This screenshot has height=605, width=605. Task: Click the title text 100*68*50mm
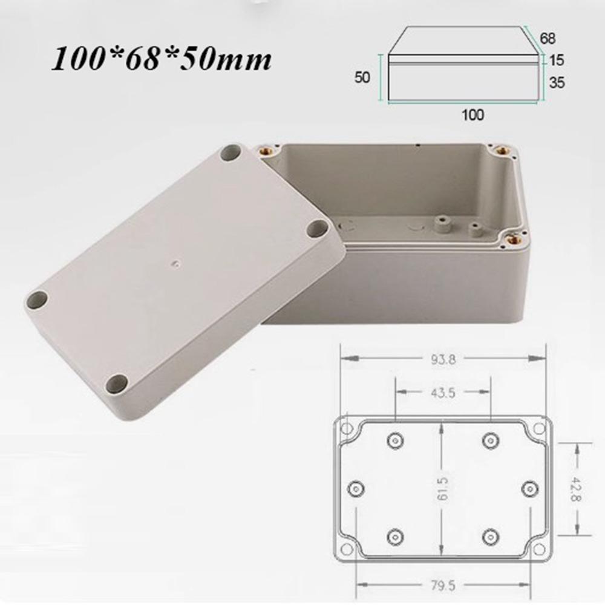[161, 60]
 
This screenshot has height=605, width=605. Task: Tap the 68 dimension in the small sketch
[548, 38]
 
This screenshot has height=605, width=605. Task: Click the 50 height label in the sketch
[361, 77]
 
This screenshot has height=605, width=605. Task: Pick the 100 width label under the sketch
[473, 115]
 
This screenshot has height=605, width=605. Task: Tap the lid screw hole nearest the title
[231, 152]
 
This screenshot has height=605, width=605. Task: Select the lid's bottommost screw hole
[117, 383]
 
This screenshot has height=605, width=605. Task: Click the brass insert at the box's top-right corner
[501, 149]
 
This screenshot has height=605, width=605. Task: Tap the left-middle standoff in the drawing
[356, 488]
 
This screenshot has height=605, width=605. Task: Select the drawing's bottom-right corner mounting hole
[537, 549]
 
